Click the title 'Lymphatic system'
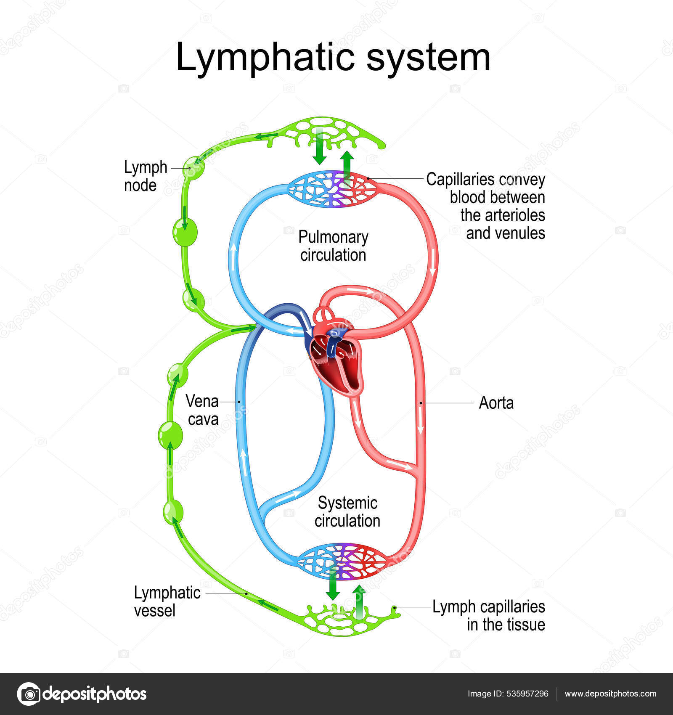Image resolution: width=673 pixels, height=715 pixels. (333, 58)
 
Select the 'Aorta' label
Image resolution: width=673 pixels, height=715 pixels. (496, 403)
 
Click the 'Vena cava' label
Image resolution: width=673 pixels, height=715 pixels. (202, 410)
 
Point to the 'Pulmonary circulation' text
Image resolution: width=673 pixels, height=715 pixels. (333, 246)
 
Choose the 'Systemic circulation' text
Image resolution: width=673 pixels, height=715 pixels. (347, 512)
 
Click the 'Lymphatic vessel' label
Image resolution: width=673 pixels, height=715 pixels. (167, 601)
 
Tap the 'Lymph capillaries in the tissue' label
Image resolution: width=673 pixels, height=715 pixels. (489, 615)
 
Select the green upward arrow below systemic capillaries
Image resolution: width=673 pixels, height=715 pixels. (359, 602)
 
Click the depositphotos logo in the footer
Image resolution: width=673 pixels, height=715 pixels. (82, 694)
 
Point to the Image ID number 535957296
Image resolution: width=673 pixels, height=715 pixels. (525, 694)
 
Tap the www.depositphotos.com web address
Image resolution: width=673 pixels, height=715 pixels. (610, 694)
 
